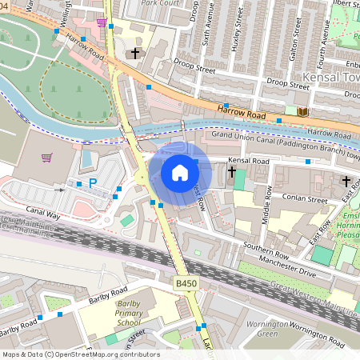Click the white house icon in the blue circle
pyautogui.click(x=180, y=173)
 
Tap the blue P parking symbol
pyautogui.click(x=92, y=183)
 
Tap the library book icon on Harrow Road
pyautogui.click(x=302, y=111)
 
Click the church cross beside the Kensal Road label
pyautogui.click(x=233, y=172)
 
